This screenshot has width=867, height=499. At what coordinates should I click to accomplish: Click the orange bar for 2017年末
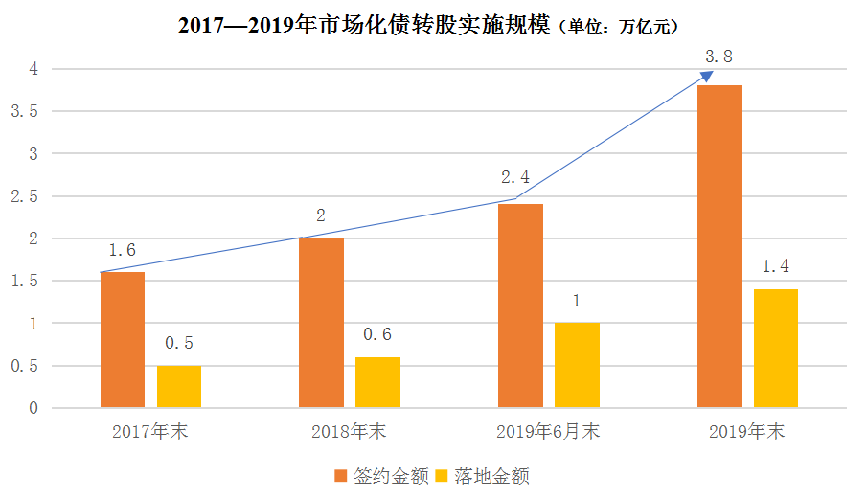pyautogui.click(x=123, y=340)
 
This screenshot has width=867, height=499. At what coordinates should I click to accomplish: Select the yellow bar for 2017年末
pyautogui.click(x=179, y=387)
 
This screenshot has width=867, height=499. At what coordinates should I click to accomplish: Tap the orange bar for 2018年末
pyautogui.click(x=321, y=323)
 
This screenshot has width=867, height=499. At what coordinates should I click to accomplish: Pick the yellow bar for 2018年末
pyautogui.click(x=377, y=382)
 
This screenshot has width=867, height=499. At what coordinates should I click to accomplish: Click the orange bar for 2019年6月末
pyautogui.click(x=520, y=306)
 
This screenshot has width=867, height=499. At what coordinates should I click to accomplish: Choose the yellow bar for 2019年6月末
pyautogui.click(x=577, y=365)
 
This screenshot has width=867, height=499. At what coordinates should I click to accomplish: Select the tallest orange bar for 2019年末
pyautogui.click(x=719, y=246)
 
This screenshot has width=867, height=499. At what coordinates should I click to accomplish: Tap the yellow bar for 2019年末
pyautogui.click(x=776, y=349)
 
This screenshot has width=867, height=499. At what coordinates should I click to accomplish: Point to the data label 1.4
pyautogui.click(x=775, y=266)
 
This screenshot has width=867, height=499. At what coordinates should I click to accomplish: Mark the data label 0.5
pyautogui.click(x=178, y=343)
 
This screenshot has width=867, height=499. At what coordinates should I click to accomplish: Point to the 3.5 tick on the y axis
pyautogui.click(x=24, y=111)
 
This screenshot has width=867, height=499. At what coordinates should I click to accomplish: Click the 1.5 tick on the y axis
pyautogui.click(x=24, y=281)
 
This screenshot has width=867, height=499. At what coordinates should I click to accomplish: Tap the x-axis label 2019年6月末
pyautogui.click(x=548, y=432)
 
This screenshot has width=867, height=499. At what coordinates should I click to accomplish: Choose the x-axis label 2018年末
pyautogui.click(x=349, y=432)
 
